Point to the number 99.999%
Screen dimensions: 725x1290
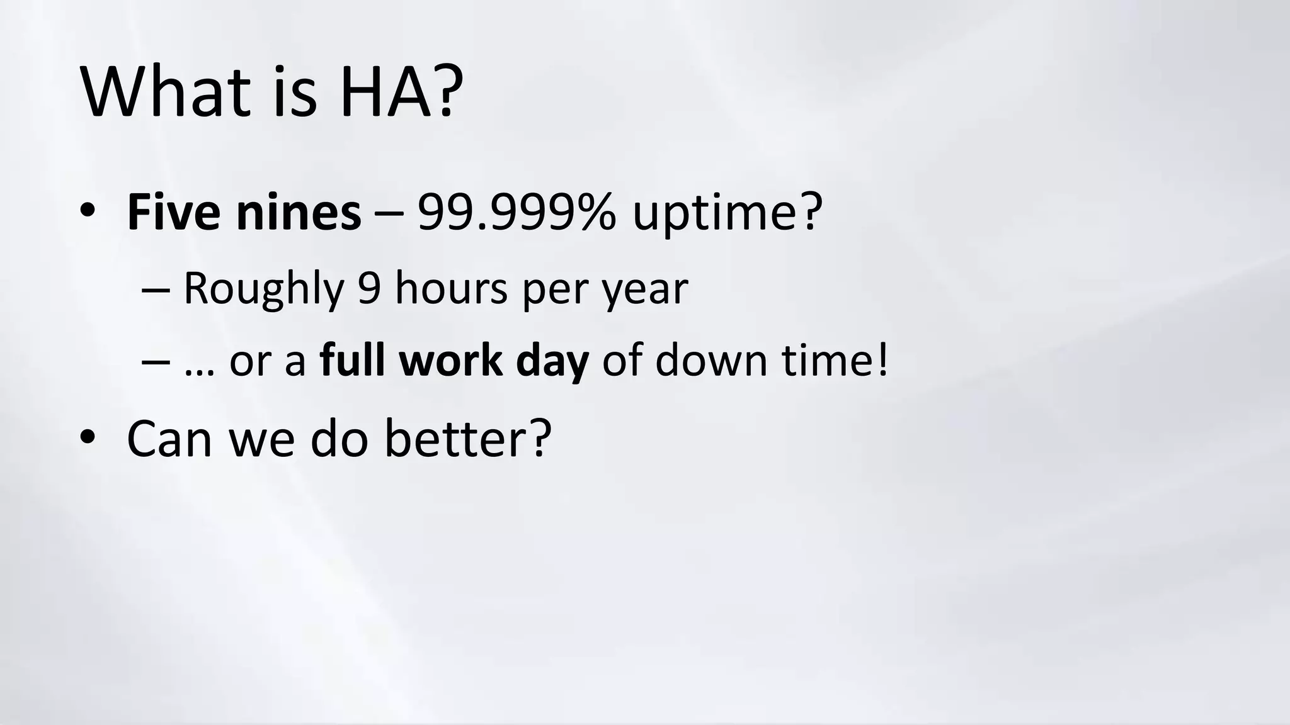pos(517,212)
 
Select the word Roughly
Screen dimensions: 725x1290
pos(263,289)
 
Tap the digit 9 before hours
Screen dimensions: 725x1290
pos(369,289)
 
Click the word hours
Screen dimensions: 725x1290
pos(451,289)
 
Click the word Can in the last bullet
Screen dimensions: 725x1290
pos(169,438)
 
